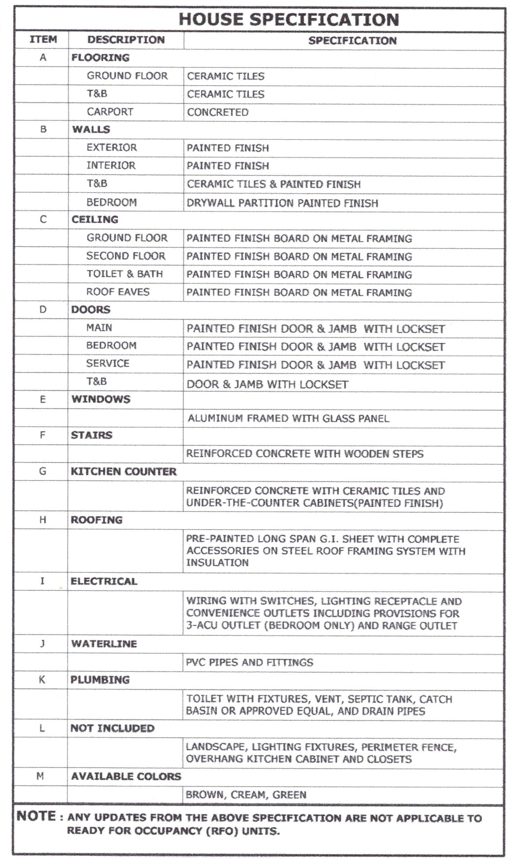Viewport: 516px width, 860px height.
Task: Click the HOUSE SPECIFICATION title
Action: click(x=288, y=20)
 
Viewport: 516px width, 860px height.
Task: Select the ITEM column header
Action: click(x=43, y=40)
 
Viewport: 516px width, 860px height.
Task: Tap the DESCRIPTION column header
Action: click(x=126, y=40)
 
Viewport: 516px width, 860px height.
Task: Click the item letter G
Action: click(x=43, y=471)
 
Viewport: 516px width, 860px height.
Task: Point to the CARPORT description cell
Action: click(x=110, y=112)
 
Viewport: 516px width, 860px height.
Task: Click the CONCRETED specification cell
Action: click(x=218, y=112)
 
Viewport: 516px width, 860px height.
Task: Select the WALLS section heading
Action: click(x=91, y=130)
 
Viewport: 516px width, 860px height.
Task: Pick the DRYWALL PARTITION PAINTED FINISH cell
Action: click(x=282, y=203)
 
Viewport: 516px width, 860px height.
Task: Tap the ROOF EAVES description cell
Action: click(x=118, y=292)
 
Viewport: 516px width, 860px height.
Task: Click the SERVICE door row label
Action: click(x=107, y=364)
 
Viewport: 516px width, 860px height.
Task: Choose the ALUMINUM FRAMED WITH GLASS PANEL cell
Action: click(x=288, y=418)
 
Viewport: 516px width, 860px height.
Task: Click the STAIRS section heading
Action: click(x=91, y=435)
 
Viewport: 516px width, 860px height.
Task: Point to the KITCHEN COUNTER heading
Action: click(x=124, y=471)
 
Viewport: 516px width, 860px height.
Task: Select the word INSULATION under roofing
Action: click(x=217, y=563)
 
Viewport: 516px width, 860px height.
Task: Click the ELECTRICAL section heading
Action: click(x=103, y=581)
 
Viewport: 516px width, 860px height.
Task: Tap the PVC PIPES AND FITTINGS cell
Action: click(x=249, y=662)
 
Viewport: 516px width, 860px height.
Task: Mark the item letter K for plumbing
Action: click(x=42, y=680)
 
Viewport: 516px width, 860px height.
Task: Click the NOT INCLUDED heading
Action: click(x=112, y=728)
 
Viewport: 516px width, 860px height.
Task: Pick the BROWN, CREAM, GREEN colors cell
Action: click(x=246, y=795)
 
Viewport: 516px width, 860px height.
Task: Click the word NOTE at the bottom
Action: click(x=36, y=816)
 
